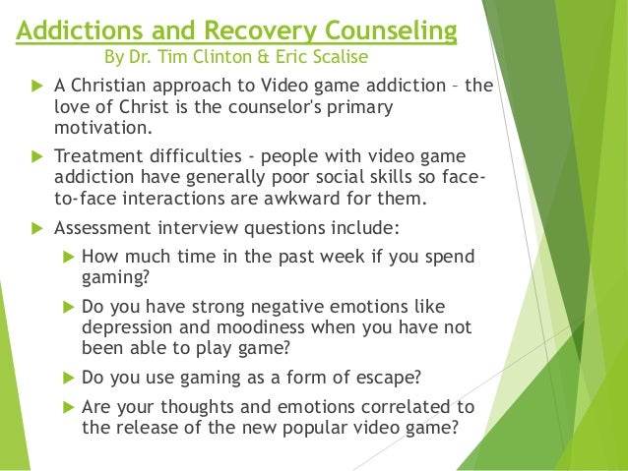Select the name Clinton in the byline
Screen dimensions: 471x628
coord(229,58)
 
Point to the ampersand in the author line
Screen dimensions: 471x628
coord(276,58)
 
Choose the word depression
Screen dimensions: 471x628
coord(127,326)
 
